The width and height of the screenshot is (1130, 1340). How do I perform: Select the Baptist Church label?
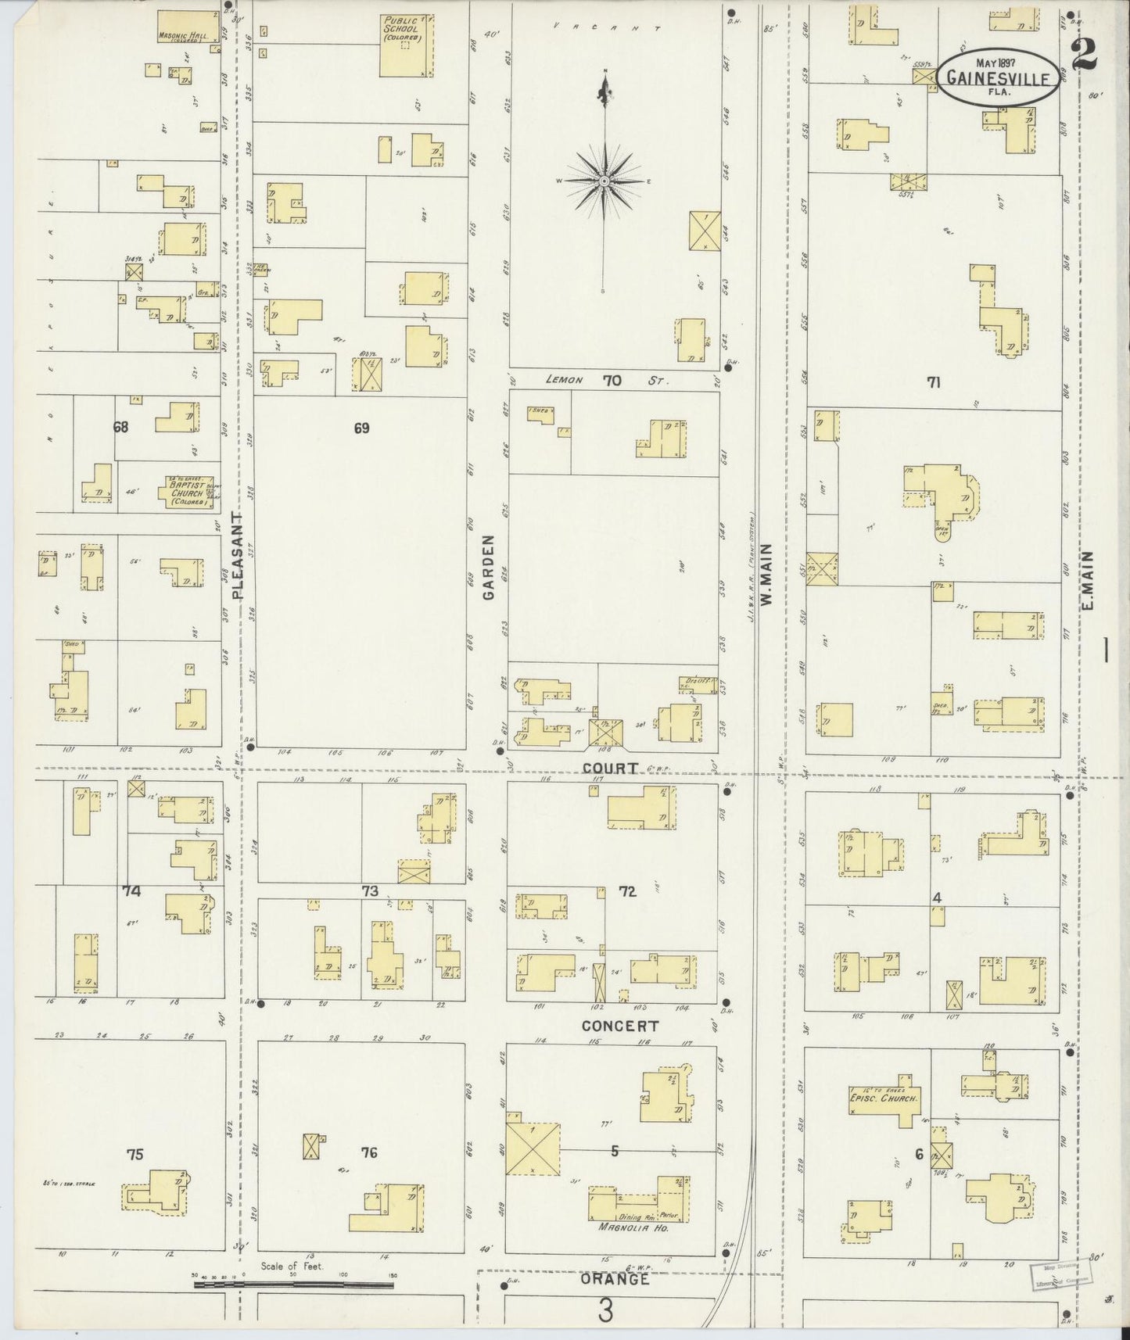[x=186, y=492]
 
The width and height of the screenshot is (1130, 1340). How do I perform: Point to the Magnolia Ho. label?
[x=626, y=1227]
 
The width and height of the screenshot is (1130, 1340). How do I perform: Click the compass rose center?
[x=604, y=181]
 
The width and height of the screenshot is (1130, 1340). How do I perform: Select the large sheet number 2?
[x=1084, y=52]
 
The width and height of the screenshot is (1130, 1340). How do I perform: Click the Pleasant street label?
[x=238, y=555]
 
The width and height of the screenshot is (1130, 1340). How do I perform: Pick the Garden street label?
[x=489, y=567]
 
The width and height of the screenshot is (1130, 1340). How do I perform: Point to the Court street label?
[x=610, y=768]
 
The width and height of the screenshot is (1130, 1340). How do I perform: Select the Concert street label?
[x=620, y=1025]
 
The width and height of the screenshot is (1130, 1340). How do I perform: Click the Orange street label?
[x=615, y=1279]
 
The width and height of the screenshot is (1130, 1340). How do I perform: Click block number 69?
[x=361, y=428]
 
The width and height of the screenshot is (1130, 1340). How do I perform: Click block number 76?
[x=369, y=1152]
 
